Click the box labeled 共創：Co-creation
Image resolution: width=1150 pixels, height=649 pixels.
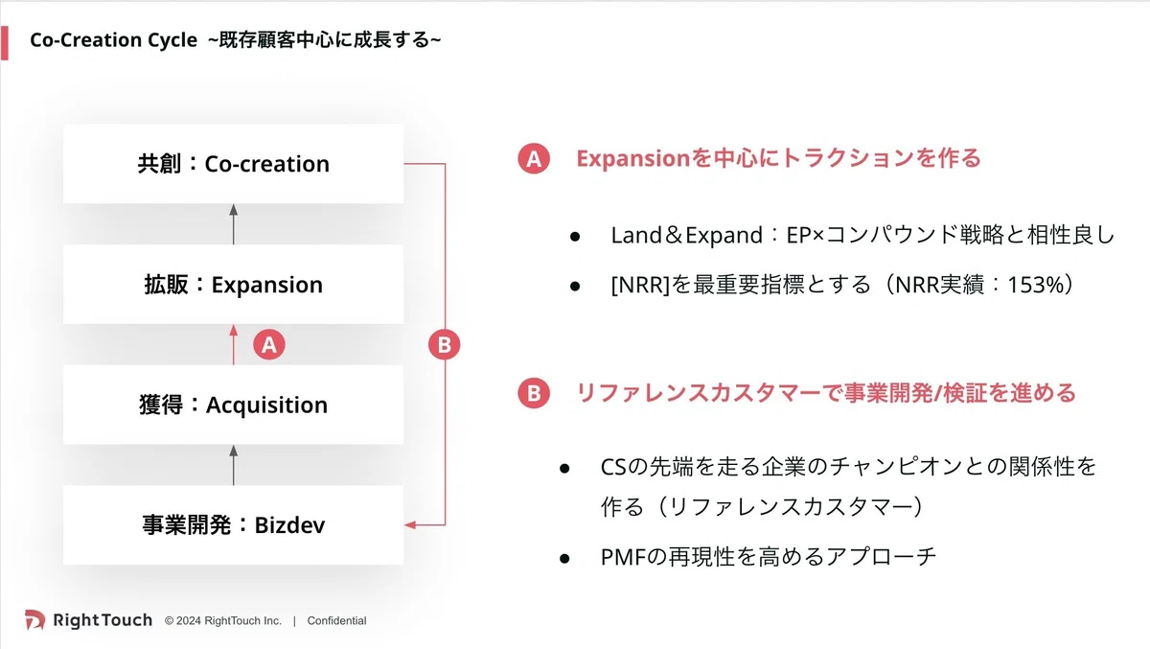pos(233,164)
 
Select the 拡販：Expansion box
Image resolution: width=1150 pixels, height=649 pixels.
pos(233,285)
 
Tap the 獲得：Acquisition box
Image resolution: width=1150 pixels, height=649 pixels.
pos(233,405)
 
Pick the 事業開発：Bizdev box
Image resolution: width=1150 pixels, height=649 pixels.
pos(233,524)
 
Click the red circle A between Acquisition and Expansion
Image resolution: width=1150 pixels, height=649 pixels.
pos(269,344)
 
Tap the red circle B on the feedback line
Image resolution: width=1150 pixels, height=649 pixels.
pos(444,344)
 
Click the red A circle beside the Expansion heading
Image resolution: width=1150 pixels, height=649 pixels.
pos(534,158)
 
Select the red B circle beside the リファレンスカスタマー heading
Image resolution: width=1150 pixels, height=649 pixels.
pos(534,393)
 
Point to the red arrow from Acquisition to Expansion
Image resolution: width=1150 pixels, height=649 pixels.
pos(234,344)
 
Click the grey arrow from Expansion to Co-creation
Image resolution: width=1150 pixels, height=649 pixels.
pos(234,224)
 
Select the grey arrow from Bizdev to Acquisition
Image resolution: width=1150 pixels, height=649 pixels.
pos(234,465)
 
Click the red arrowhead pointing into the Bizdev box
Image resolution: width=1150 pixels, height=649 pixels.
pos(410,524)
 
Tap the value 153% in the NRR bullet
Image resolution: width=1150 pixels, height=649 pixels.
pos(1036,285)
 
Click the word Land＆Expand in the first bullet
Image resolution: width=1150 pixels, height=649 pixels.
pos(686,236)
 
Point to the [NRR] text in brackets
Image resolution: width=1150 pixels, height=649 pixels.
pos(640,285)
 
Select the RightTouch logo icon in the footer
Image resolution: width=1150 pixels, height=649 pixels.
pos(34,619)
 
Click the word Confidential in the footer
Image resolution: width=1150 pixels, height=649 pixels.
pos(336,621)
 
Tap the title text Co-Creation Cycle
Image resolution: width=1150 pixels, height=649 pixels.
pos(113,40)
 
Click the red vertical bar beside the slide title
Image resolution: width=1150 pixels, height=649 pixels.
pos(5,43)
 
